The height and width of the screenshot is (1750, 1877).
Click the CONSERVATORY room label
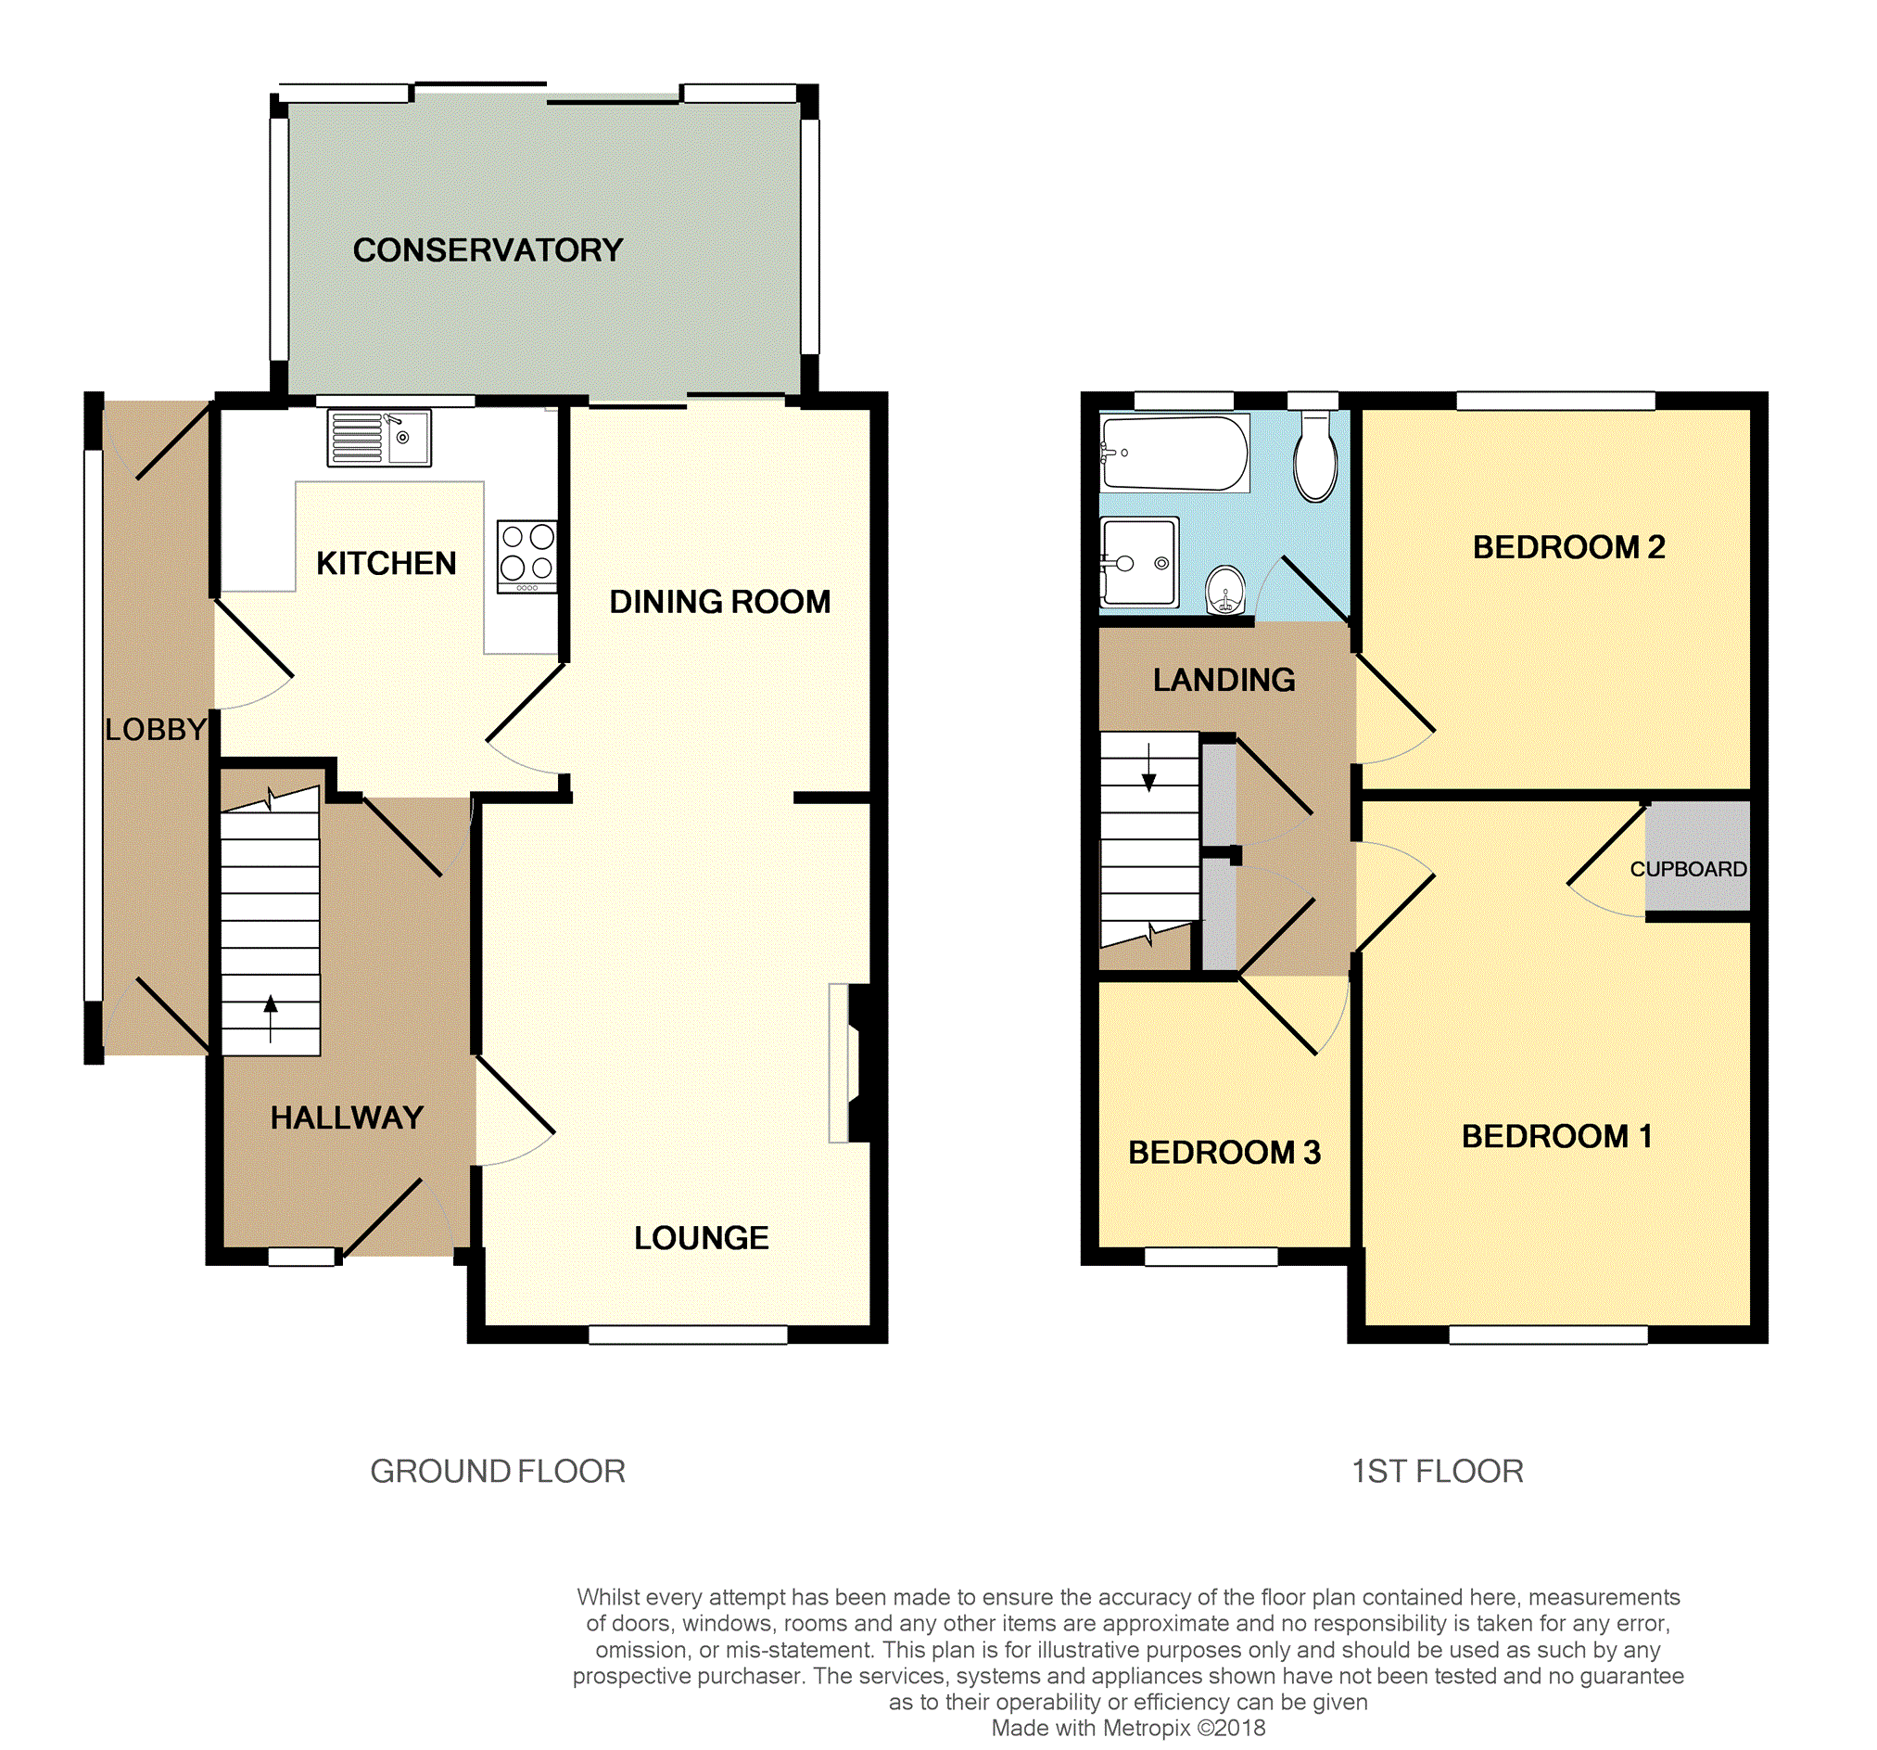point(488,250)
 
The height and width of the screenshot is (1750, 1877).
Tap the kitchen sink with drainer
point(379,439)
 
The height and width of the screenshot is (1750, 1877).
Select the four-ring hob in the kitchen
point(526,557)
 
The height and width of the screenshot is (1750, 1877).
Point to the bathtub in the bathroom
point(1174,453)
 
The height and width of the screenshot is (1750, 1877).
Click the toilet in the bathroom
point(1315,457)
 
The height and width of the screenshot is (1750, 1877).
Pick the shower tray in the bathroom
point(1139,563)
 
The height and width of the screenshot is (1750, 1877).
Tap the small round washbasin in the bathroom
point(1225,590)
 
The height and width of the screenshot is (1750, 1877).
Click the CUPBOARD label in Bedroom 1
point(1688,869)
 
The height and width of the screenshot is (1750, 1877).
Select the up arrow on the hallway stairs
point(271,1019)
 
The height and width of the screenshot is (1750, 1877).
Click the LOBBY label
point(156,729)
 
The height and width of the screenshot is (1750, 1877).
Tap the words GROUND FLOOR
point(498,1472)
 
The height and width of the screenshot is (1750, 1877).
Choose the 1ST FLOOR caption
point(1437,1472)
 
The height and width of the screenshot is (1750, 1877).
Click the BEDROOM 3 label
point(1224,1152)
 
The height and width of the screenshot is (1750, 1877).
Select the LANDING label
point(1224,680)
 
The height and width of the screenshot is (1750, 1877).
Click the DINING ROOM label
point(720,602)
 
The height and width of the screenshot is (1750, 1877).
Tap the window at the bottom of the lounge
point(689,1335)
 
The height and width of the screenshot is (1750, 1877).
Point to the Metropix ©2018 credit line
point(1128,1729)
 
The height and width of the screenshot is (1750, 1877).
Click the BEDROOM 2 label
point(1569,547)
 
